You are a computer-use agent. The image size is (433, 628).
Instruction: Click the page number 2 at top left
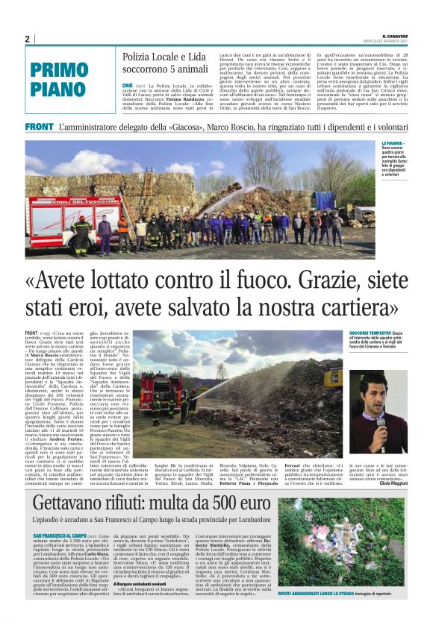(x=27, y=39)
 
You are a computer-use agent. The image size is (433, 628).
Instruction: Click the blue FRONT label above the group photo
(x=38, y=128)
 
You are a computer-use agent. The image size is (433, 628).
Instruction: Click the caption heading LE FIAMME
(x=393, y=143)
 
